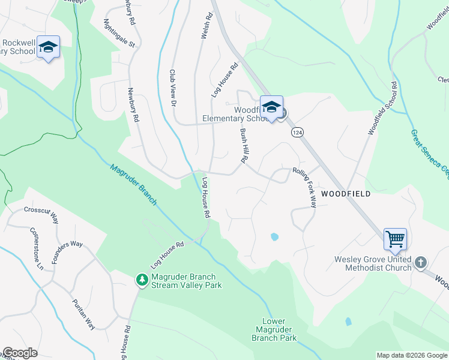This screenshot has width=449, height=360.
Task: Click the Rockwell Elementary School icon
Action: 48,47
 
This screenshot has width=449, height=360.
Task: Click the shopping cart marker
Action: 395,239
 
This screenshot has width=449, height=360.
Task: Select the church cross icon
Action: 421,262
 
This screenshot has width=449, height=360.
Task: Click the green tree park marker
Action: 142,280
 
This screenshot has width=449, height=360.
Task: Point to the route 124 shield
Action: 295,131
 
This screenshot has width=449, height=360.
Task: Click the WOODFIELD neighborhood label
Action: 345,194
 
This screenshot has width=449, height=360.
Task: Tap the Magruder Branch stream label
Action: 133,185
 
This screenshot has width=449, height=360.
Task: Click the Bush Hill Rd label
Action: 243,146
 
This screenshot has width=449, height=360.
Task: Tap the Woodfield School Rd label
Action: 382,108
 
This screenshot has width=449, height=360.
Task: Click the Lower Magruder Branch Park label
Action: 276,330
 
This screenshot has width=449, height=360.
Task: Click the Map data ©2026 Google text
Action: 412,355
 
